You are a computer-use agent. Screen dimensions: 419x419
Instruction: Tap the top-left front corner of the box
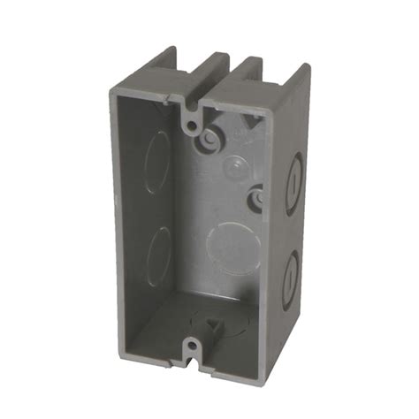click(x=109, y=90)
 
